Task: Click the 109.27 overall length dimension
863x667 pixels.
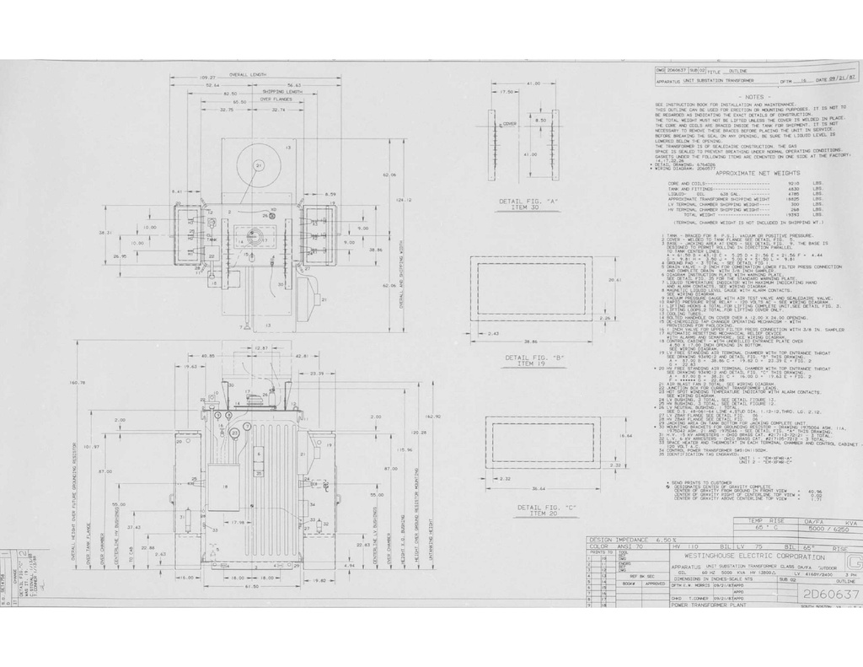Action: [x=208, y=78]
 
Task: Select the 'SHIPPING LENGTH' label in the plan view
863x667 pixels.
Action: [x=284, y=92]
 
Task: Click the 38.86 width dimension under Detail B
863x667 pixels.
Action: [x=530, y=342]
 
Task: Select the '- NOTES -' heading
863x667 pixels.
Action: [x=749, y=97]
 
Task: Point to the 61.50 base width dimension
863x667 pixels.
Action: [x=252, y=586]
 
